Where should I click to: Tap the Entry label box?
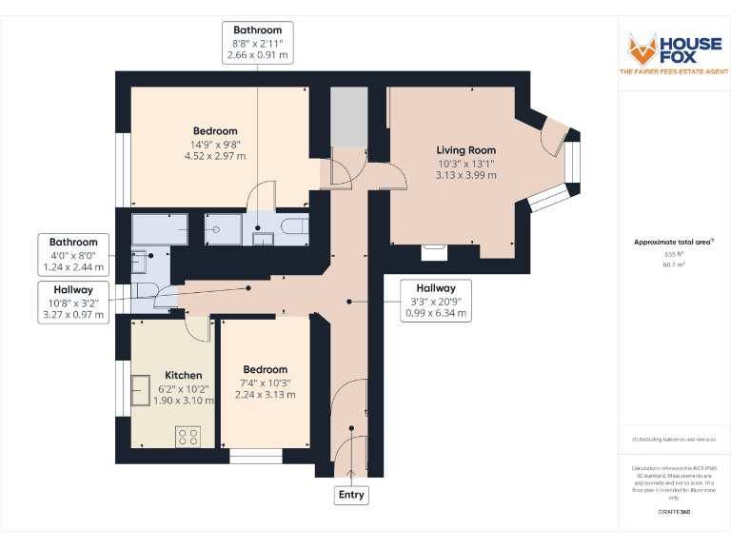click(x=350, y=495)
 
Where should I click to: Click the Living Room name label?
click(x=466, y=150)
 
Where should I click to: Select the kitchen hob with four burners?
click(x=188, y=437)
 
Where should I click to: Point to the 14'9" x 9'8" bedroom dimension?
click(x=215, y=145)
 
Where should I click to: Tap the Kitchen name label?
click(x=184, y=375)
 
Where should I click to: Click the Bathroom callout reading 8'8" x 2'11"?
click(x=258, y=43)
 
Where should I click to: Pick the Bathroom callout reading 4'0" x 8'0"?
click(x=73, y=255)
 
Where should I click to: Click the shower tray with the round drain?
click(x=224, y=229)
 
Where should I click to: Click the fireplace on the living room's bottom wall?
click(x=434, y=251)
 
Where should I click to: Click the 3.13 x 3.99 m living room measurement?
click(x=466, y=175)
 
